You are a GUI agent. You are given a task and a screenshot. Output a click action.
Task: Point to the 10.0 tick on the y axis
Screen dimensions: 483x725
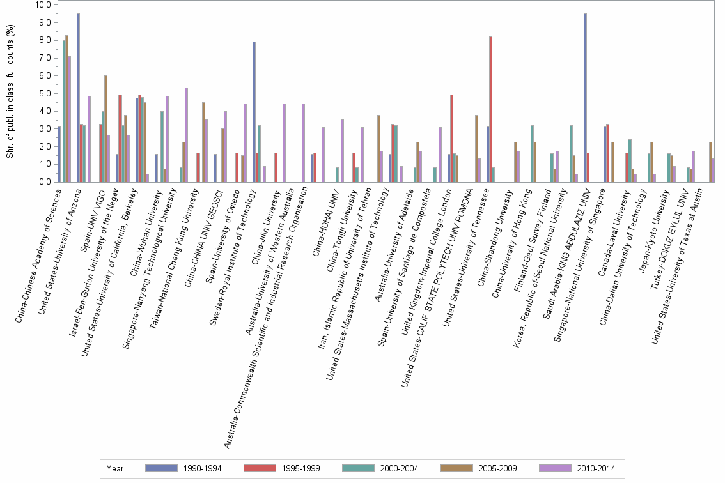(43, 4)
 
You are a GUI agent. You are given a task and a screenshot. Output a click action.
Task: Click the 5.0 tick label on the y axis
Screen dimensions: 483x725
(45, 93)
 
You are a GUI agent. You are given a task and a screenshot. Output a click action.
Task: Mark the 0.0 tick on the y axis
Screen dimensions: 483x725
(45, 182)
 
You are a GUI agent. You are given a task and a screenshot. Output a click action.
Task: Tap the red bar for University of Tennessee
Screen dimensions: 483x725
(490, 109)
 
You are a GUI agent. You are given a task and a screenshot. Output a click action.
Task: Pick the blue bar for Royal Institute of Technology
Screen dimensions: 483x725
(254, 112)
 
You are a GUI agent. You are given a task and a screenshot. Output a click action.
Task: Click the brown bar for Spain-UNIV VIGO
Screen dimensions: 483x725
(105, 128)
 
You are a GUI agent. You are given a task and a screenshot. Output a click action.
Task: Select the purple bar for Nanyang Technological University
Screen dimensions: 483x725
(186, 135)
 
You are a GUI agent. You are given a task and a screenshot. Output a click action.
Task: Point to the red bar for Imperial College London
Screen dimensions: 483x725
(451, 138)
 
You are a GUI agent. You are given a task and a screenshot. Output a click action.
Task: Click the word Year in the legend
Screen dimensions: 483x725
(115, 469)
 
